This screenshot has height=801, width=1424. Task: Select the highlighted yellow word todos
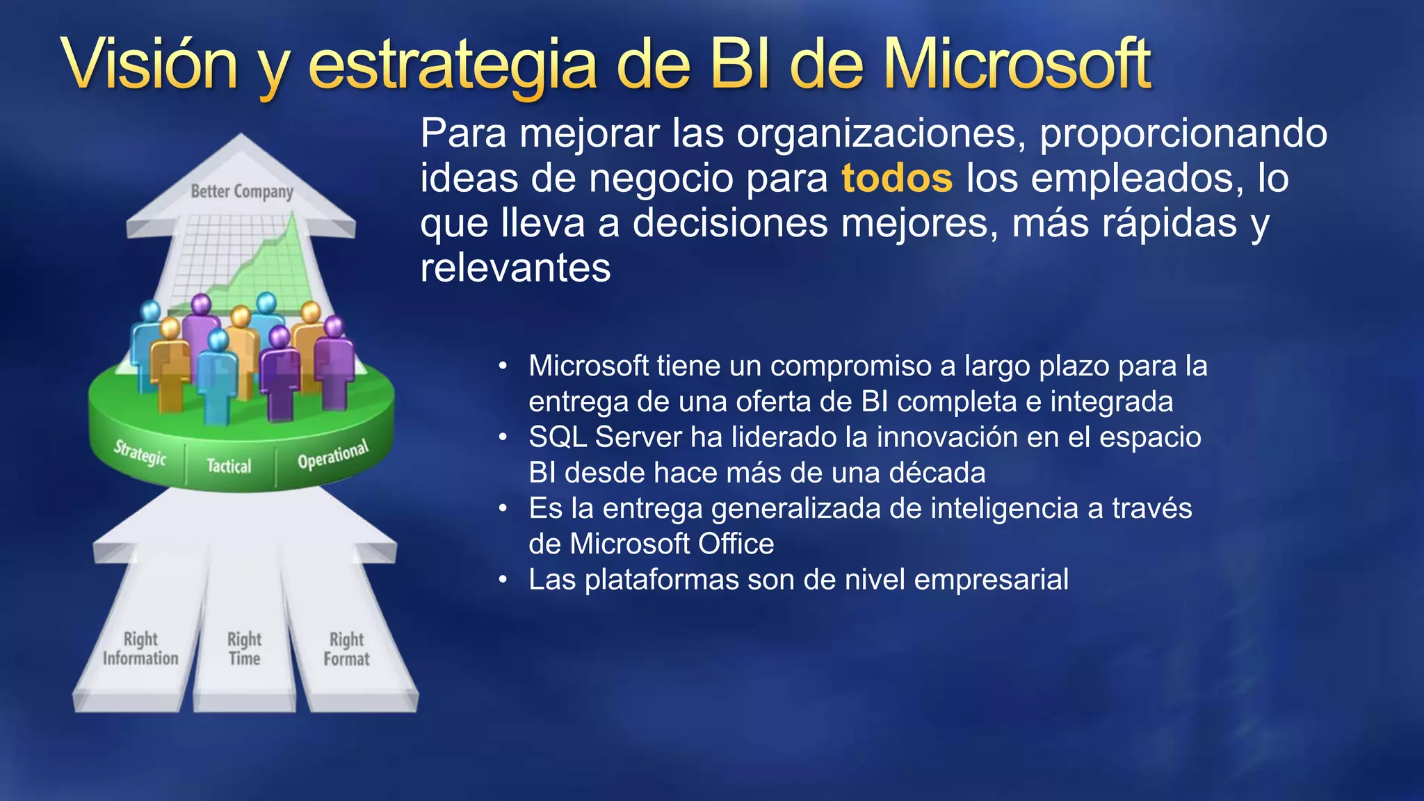point(896,178)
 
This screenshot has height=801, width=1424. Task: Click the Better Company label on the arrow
point(242,191)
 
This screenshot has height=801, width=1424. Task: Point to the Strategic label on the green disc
point(140,453)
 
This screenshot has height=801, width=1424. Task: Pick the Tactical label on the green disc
point(229,466)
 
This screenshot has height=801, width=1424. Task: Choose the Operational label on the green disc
point(332,455)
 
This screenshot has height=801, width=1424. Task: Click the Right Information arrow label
point(140,649)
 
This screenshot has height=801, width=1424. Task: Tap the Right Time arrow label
point(244,649)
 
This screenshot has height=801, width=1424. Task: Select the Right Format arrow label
point(346,649)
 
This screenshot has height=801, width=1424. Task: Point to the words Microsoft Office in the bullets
point(672,544)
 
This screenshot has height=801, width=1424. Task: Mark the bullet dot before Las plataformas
point(503,579)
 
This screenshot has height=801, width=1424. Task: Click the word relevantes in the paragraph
point(515,268)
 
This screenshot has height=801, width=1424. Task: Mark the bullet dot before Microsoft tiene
point(503,366)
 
